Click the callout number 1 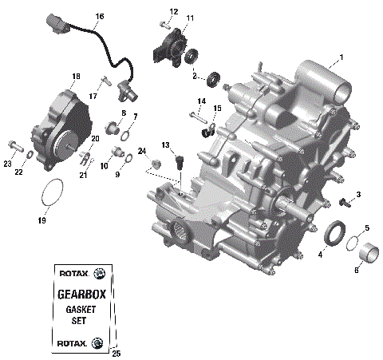[341, 57]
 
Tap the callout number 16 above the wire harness [100, 16]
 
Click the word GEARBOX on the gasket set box [81, 293]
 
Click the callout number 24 [141, 151]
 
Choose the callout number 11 [189, 18]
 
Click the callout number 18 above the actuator [76, 77]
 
